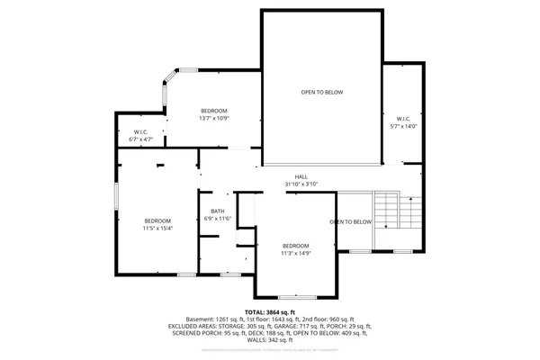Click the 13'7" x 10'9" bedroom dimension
[213, 118]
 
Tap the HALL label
[301, 176]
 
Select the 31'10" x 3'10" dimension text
[301, 184]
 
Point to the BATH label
[218, 211]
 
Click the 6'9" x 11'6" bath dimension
[218, 219]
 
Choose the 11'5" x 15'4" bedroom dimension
[158, 229]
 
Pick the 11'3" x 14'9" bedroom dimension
[295, 254]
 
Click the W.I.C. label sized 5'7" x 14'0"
[402, 118]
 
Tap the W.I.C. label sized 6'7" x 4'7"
[141, 132]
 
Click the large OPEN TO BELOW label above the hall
[320, 92]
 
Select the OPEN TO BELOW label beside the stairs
[350, 221]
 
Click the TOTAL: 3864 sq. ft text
[269, 311]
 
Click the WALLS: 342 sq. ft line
[269, 340]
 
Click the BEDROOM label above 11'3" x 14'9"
[295, 246]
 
